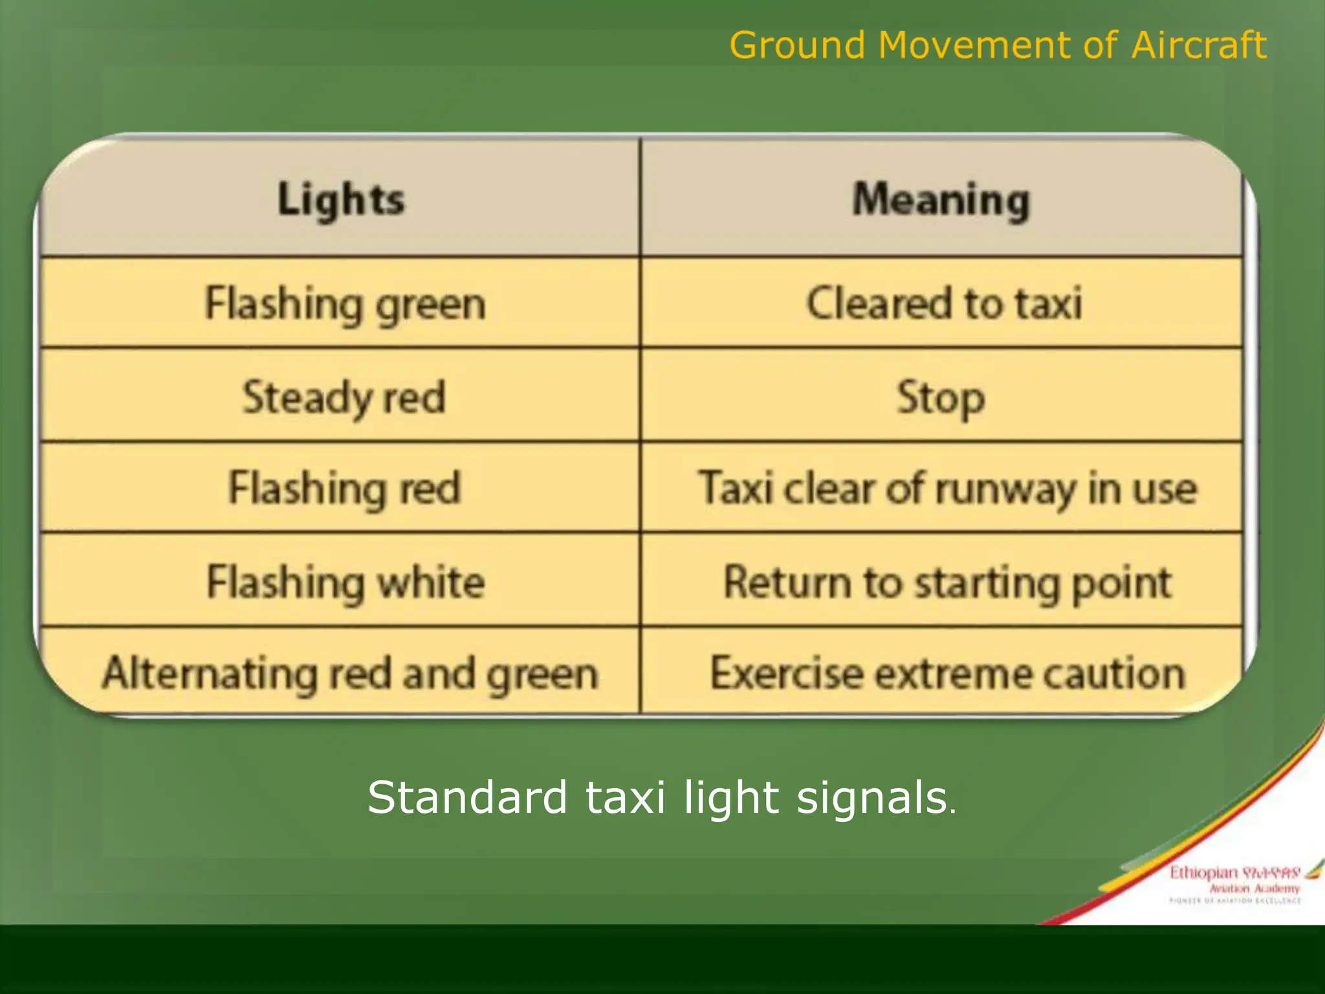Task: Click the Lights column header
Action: (x=341, y=199)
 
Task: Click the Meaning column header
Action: (x=941, y=200)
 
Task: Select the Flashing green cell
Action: (x=345, y=304)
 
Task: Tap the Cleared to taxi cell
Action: (x=944, y=303)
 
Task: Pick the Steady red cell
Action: (x=344, y=397)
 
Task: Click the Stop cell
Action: (x=941, y=397)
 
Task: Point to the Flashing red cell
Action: (x=344, y=488)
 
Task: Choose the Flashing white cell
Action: (x=345, y=582)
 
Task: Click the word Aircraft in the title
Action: (x=1198, y=45)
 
